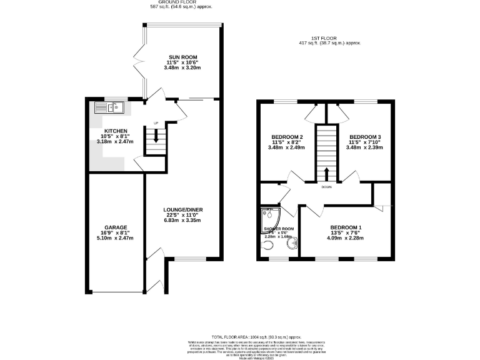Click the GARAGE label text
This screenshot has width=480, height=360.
coord(116,227)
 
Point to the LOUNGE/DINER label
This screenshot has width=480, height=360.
coord(182,209)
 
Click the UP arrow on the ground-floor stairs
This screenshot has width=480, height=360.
coord(156,135)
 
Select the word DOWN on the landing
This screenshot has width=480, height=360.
coord(326,187)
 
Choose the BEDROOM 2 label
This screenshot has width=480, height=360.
coord(287,137)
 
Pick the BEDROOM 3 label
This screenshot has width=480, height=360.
coord(365,137)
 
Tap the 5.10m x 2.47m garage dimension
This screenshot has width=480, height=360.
coord(116,238)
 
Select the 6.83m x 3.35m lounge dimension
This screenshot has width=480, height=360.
coord(182,221)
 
